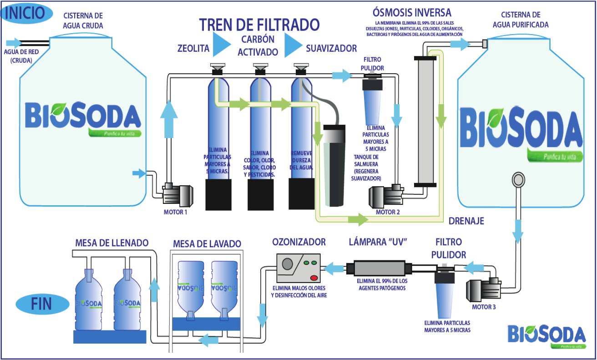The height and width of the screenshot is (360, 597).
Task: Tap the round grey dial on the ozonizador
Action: pos(288,264)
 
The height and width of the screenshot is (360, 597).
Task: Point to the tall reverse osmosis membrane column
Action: pos(425,121)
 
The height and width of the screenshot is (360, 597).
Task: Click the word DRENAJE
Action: pos(466,221)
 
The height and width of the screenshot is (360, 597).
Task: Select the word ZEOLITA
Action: pos(193,48)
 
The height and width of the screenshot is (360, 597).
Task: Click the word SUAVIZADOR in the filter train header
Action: pos(331,48)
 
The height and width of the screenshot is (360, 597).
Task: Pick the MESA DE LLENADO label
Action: pos(112,243)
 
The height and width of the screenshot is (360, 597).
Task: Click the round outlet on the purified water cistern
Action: pos(518,179)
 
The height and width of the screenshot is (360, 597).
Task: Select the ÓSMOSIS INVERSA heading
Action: pos(412,12)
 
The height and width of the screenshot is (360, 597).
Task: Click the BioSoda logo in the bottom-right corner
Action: pos(546,336)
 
